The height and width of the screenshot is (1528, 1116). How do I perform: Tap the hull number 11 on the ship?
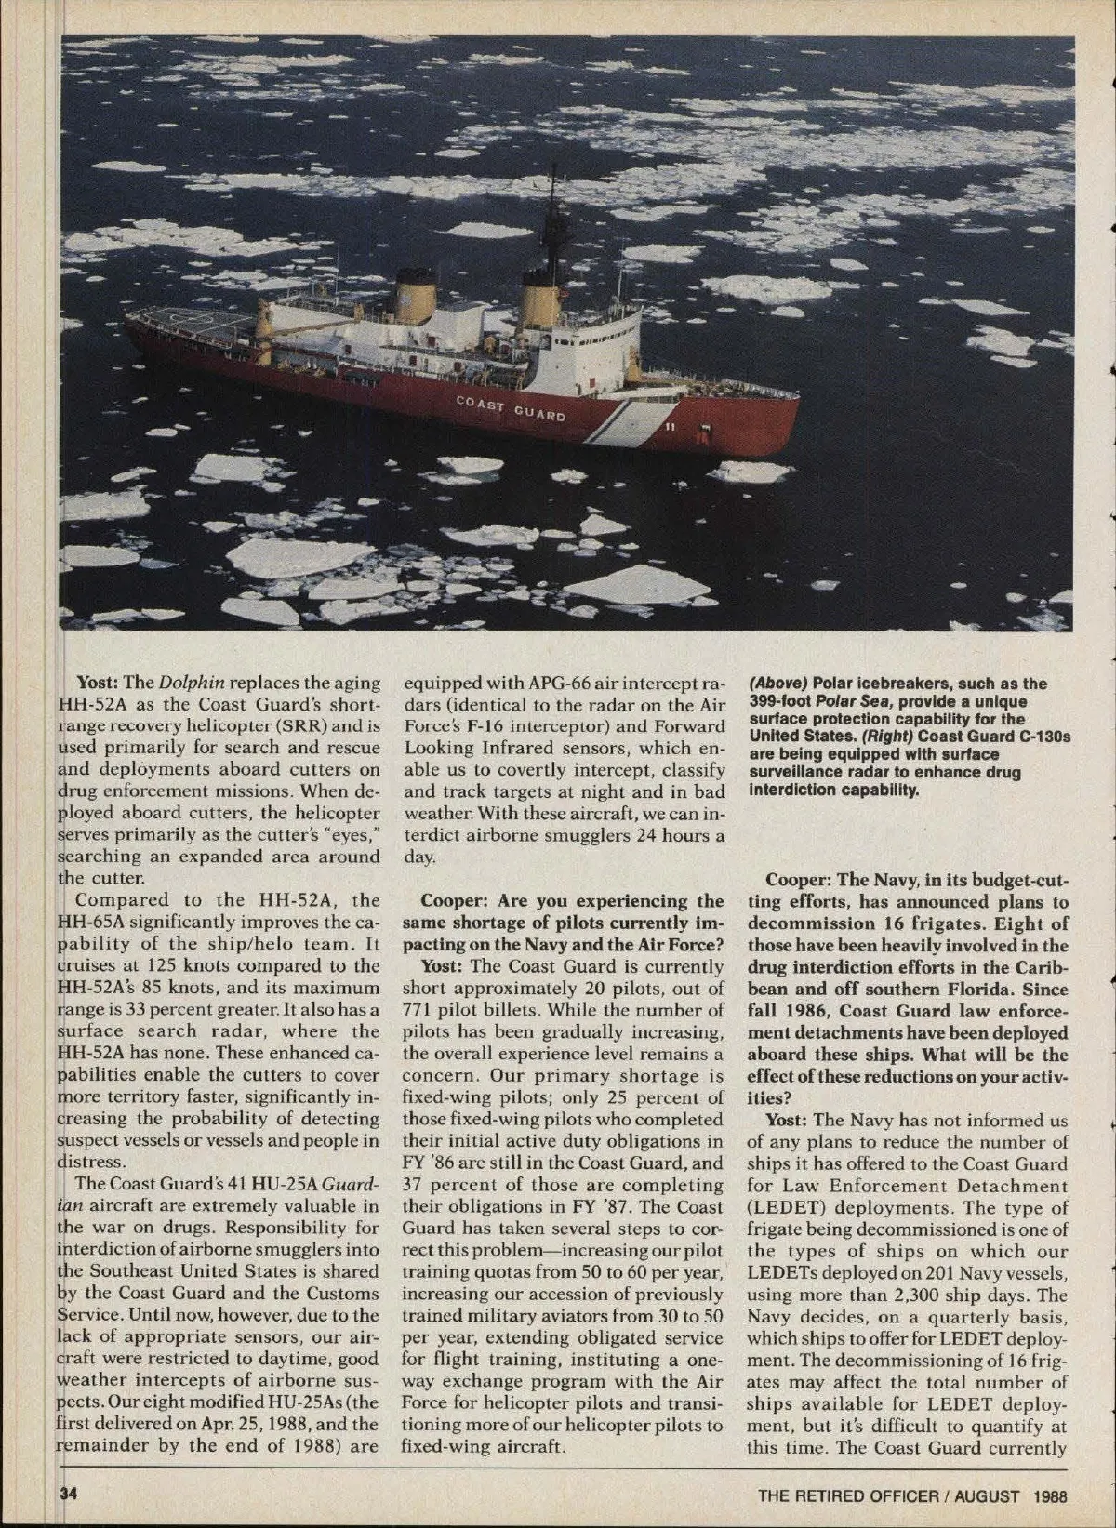point(670,428)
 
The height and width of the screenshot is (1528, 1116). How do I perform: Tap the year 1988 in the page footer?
point(1048,1496)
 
